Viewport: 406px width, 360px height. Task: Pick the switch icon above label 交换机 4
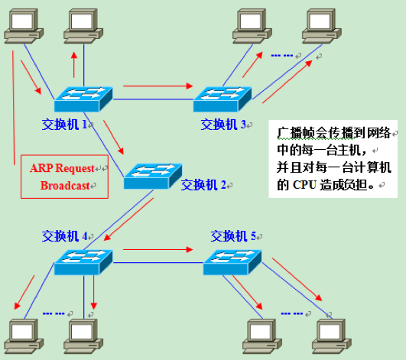83,262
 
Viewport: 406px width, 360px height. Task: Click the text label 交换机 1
66,122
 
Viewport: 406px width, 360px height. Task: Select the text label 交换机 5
234,235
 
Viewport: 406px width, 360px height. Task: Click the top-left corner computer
21,25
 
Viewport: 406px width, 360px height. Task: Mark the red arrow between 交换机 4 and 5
156,249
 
